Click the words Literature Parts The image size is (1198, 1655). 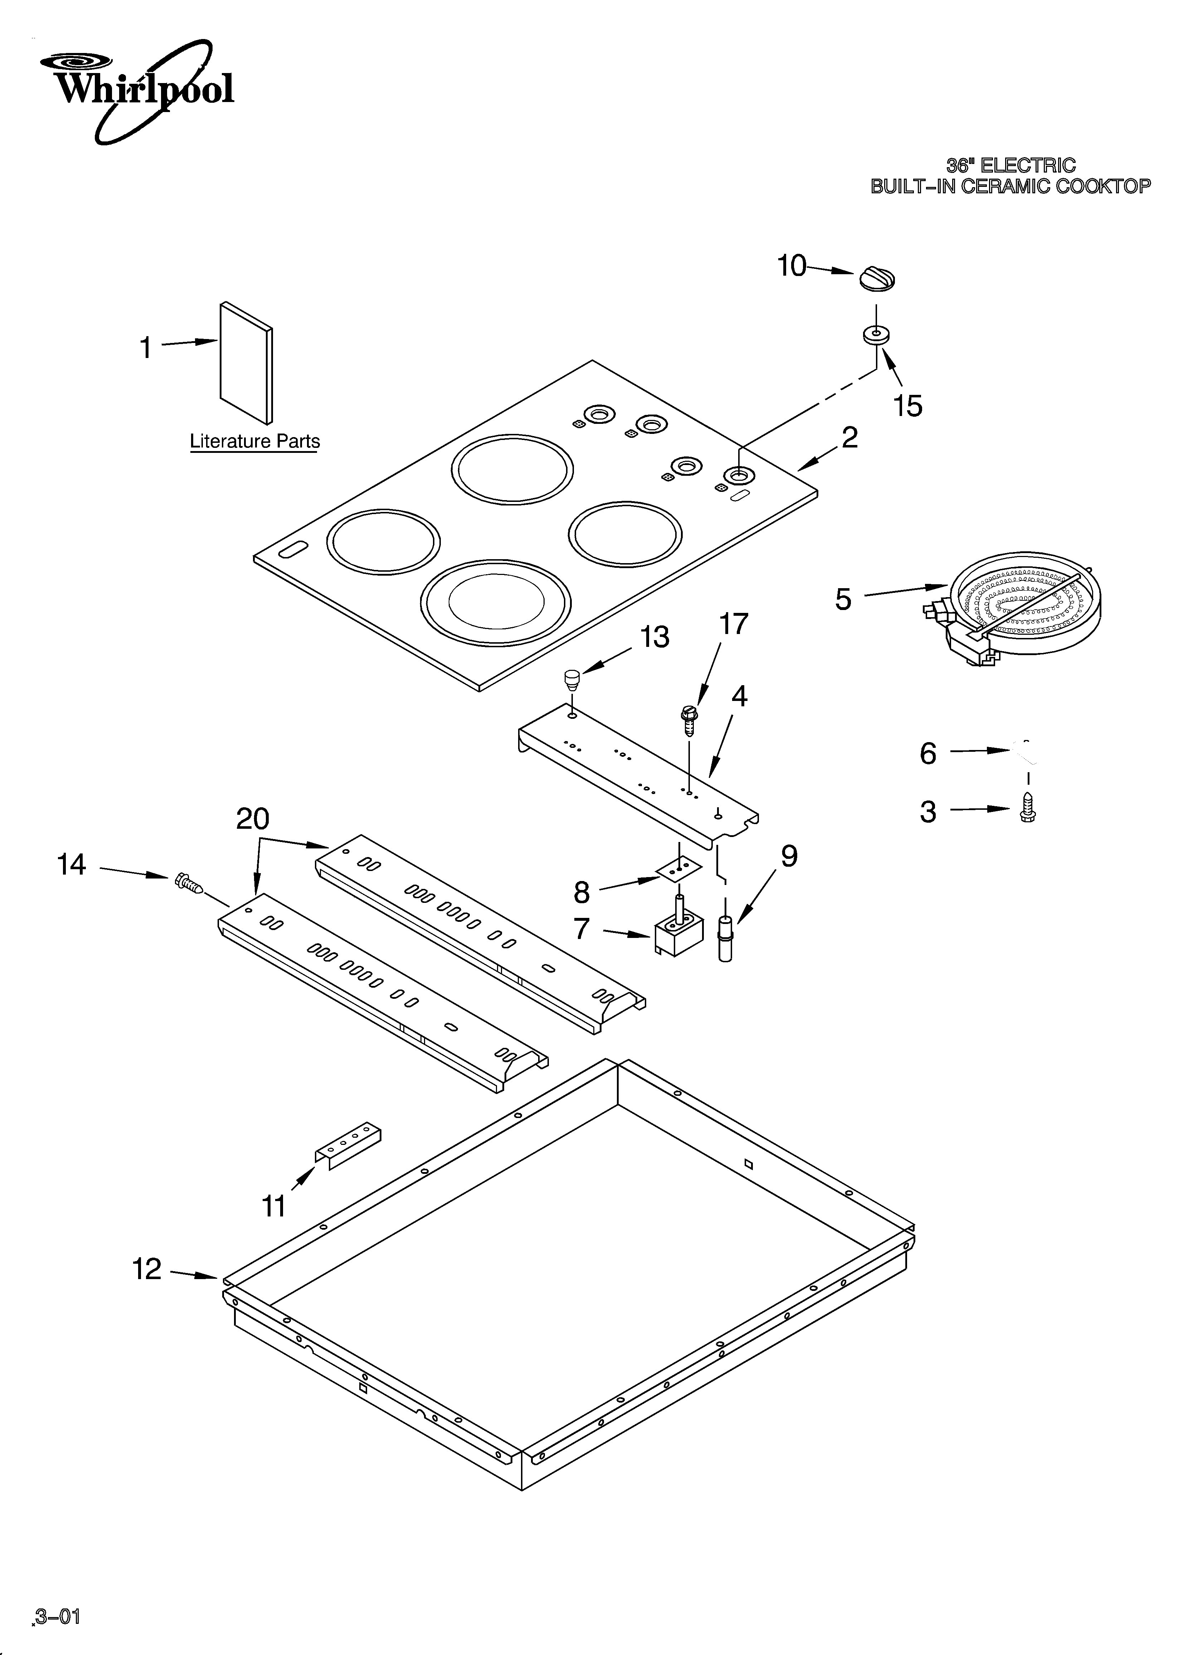pyautogui.click(x=255, y=441)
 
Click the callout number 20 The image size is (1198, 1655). pyautogui.click(x=252, y=819)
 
